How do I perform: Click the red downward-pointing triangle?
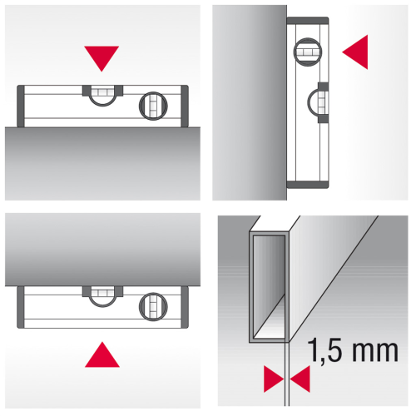[x=102, y=57]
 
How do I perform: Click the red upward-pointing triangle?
[x=102, y=356]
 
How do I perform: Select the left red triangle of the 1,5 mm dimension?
[x=272, y=379]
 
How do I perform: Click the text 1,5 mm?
[x=353, y=350]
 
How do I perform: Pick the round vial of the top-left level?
[x=153, y=106]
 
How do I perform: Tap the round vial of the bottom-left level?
[x=153, y=307]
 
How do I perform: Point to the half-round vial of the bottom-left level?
[x=102, y=297]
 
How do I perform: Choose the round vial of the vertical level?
[x=308, y=52]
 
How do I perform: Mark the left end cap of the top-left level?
[x=21, y=106]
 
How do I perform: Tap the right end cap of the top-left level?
[x=185, y=106]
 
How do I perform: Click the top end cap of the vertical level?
[x=308, y=21]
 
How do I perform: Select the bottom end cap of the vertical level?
[x=308, y=185]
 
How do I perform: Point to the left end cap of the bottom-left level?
[x=21, y=307]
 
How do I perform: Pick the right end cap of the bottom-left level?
[x=185, y=307]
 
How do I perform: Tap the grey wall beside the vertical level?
[x=250, y=102]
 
